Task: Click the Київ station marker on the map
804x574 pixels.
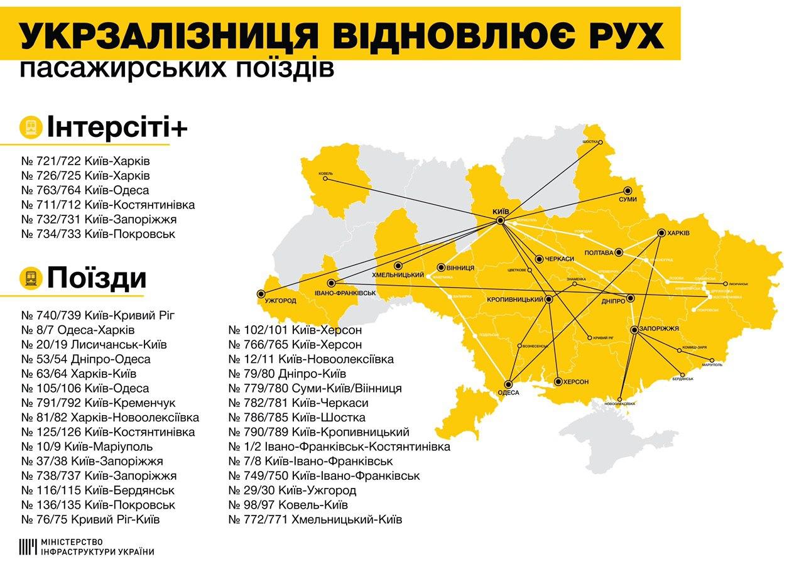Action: [x=500, y=221]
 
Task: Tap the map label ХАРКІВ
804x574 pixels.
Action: [x=678, y=233]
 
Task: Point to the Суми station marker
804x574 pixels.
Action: [x=627, y=190]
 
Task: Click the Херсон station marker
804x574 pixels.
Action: [x=558, y=381]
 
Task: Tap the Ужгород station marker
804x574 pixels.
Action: [x=261, y=293]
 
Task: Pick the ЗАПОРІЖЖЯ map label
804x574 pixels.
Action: [x=660, y=329]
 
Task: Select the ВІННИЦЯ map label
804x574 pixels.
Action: [x=460, y=268]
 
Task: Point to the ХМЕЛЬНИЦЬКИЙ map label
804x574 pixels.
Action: [x=396, y=275]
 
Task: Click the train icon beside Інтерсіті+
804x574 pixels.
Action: [x=30, y=127]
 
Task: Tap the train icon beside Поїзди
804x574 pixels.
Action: [x=30, y=277]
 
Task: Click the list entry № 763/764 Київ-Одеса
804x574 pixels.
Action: [x=85, y=190]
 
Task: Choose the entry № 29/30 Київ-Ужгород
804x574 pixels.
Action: [x=292, y=490]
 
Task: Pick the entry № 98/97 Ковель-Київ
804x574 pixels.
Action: [x=288, y=505]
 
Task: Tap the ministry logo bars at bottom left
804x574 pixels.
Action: [x=28, y=547]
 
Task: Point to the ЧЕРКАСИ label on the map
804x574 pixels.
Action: [x=560, y=259]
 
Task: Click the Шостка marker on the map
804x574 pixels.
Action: [x=599, y=142]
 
